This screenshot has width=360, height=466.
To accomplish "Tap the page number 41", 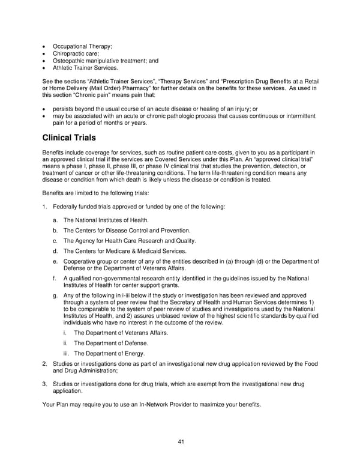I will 180,443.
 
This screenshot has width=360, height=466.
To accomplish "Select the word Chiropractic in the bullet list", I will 71,53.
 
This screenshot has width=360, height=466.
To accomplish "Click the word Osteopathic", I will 71,61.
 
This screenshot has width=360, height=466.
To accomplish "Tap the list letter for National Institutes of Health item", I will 55,220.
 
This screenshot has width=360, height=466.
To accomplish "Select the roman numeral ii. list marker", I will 65,343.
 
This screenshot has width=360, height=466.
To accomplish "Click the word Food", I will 308,364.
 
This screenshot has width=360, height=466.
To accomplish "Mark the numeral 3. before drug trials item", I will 44,383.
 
